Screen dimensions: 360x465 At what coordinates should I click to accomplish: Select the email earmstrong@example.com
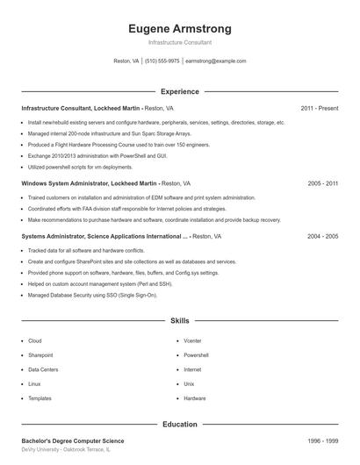click(215, 61)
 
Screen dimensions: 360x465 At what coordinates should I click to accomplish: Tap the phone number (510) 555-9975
click(162, 61)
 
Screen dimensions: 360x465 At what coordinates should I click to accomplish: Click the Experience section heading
click(179, 91)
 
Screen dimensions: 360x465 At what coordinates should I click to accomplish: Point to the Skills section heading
click(179, 322)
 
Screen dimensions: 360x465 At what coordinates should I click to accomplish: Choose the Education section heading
click(179, 424)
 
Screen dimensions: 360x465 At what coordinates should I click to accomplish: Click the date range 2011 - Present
click(319, 108)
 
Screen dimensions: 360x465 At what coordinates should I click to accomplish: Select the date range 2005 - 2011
click(322, 183)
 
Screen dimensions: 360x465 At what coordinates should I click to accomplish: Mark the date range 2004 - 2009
click(322, 236)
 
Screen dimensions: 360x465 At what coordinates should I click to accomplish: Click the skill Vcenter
click(192, 340)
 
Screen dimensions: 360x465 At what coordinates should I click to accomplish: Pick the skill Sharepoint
click(40, 355)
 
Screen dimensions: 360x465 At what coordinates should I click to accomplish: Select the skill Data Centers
click(43, 369)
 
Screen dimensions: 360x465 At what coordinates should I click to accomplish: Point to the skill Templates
click(40, 398)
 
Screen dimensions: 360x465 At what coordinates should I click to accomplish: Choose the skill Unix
click(189, 384)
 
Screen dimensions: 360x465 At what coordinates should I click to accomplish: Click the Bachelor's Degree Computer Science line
click(73, 440)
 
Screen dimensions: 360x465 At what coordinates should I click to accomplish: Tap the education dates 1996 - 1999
click(322, 440)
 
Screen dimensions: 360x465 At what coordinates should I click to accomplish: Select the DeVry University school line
click(67, 449)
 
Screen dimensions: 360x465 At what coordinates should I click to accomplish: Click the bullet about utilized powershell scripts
click(80, 167)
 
